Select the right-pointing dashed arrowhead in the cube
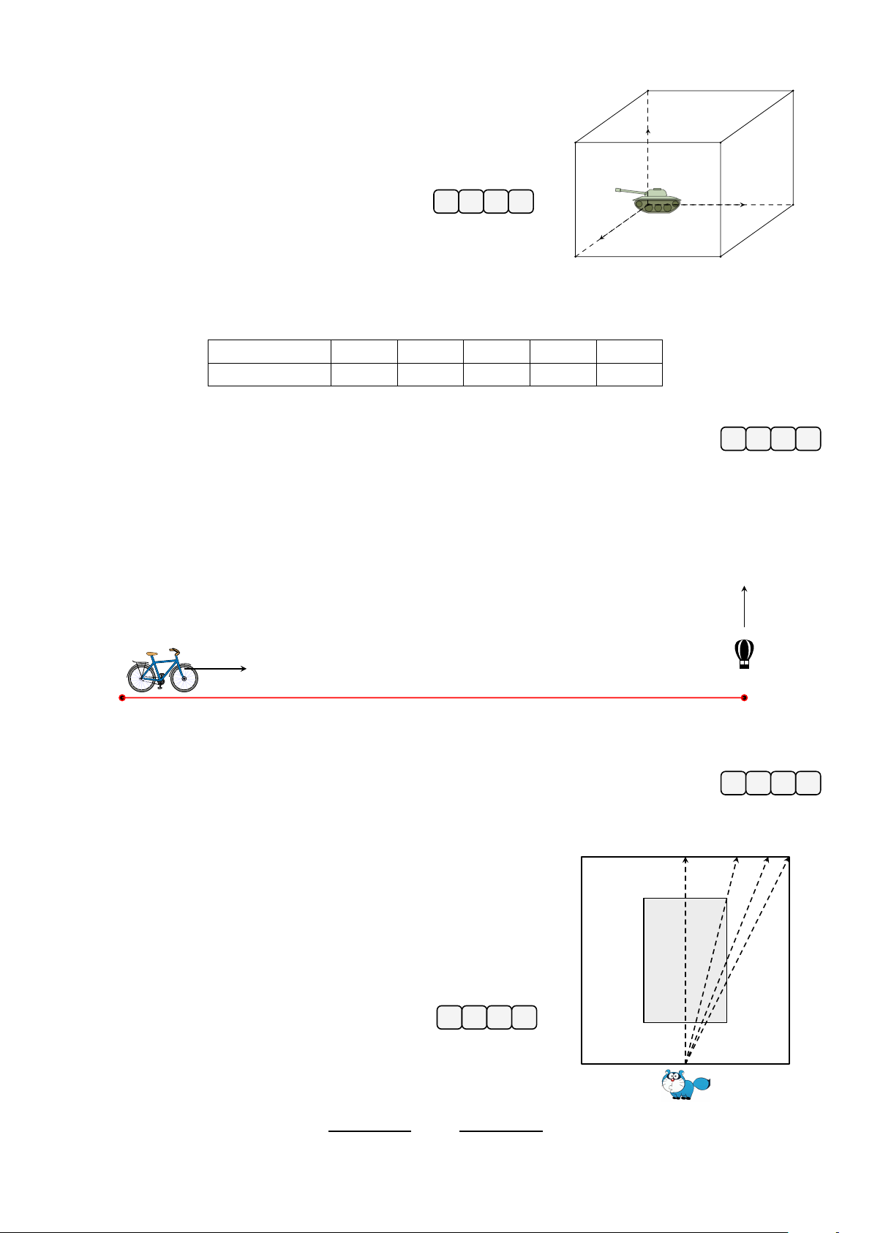click(743, 205)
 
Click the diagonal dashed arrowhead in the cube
click(601, 236)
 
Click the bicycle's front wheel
click(184, 678)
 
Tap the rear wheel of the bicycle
click(141, 678)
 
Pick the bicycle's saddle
click(151, 653)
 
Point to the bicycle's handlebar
click(174, 650)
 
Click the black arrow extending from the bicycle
click(223, 669)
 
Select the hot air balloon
click(744, 651)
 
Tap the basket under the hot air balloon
click(744, 665)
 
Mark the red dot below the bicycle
click(122, 698)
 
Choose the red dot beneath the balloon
click(744, 698)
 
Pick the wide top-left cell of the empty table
click(268, 351)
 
